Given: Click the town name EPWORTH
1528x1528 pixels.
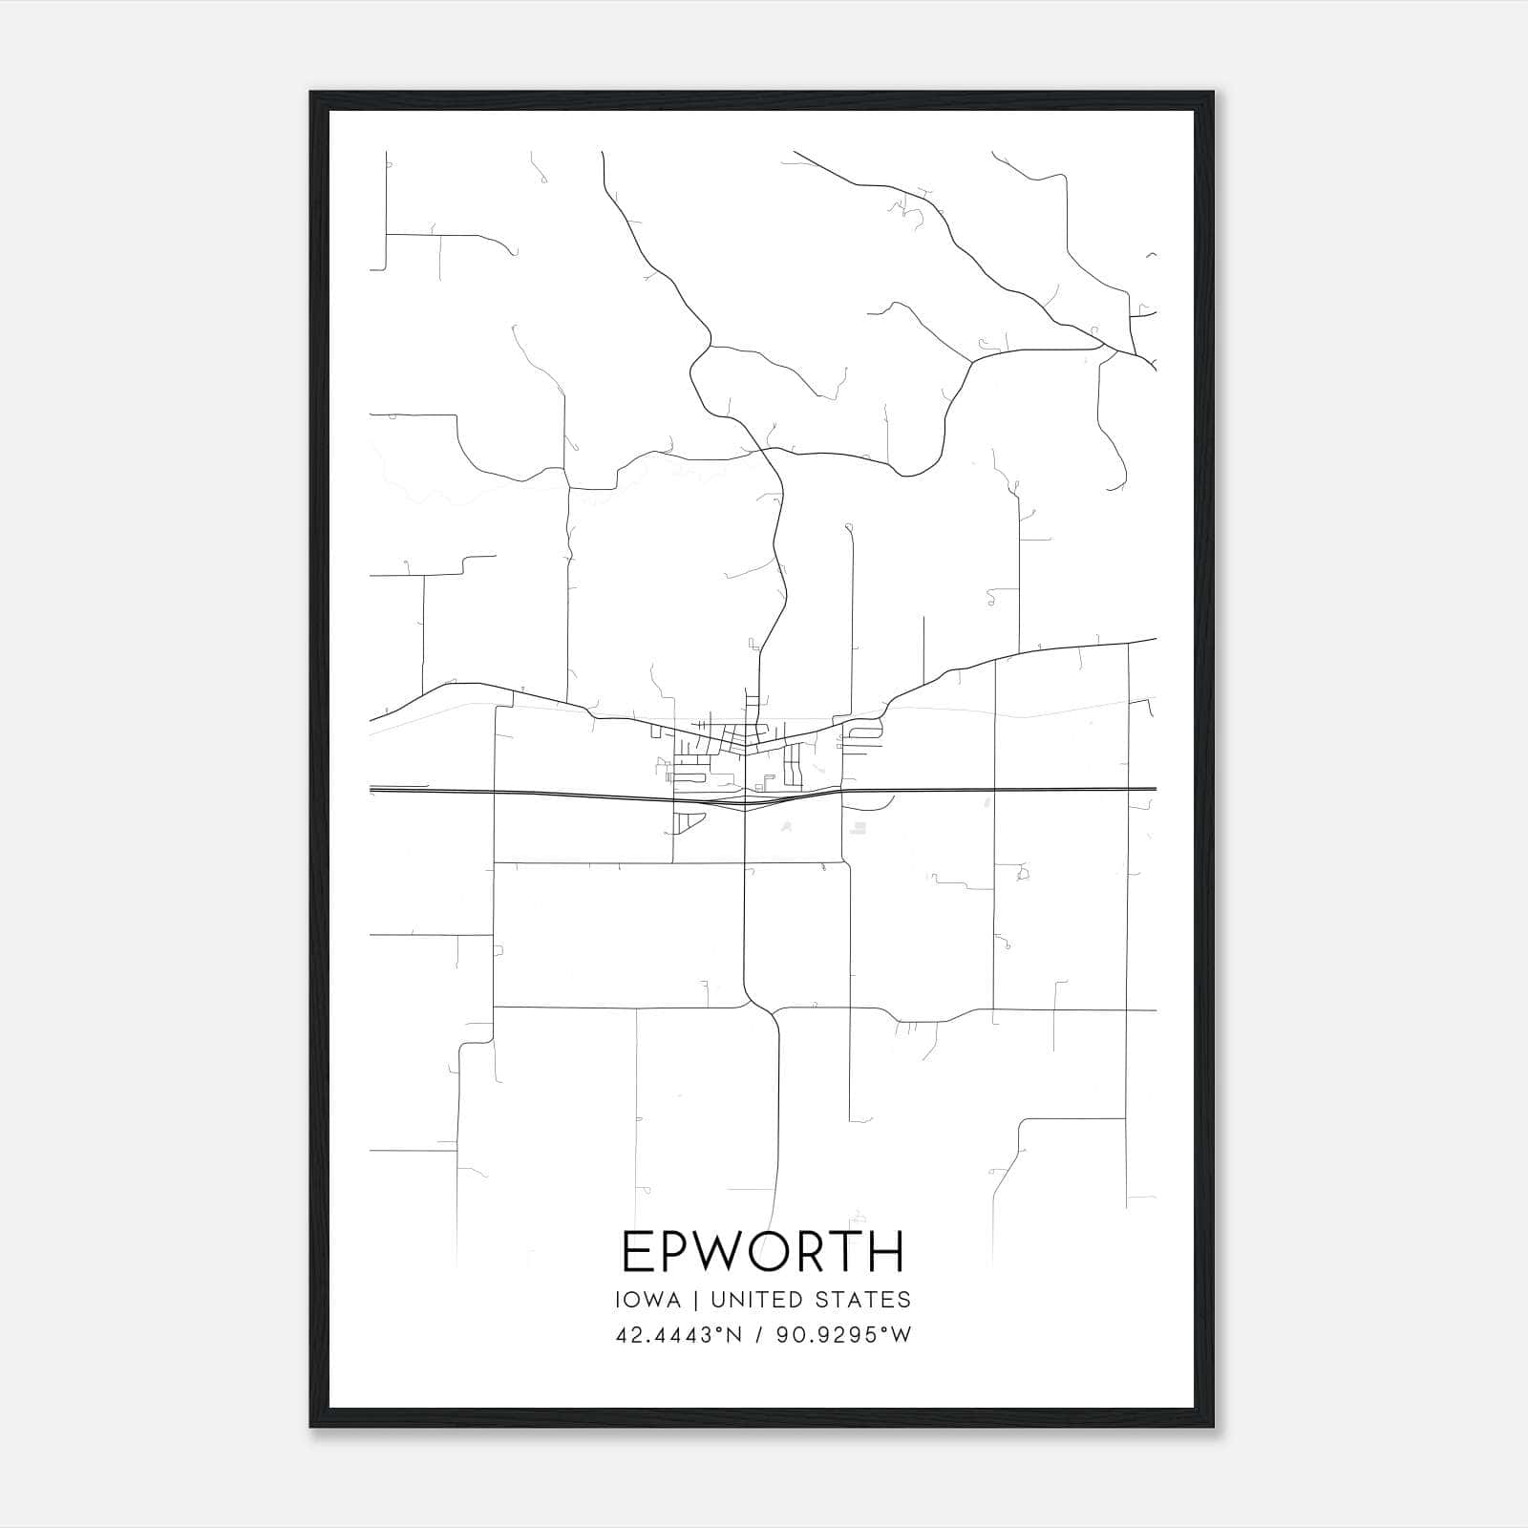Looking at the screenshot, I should (x=762, y=1251).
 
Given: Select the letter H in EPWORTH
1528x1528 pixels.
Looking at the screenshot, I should (x=887, y=1251).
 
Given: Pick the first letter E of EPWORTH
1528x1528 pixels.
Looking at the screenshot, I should (x=636, y=1251).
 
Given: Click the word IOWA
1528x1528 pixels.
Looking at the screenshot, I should (x=648, y=1300).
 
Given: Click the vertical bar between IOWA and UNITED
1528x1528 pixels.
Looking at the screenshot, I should (x=694, y=1300).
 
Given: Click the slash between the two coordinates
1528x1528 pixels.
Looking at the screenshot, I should (x=759, y=1335).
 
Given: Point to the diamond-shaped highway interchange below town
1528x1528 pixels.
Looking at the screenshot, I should (x=745, y=802).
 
